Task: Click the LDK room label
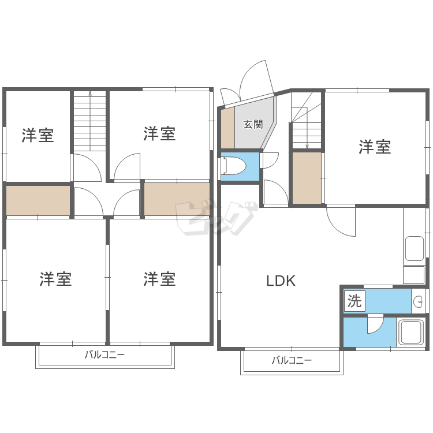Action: pos(281,281)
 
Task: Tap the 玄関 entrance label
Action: pos(253,124)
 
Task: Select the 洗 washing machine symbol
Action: pos(354,301)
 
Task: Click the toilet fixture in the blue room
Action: pos(233,166)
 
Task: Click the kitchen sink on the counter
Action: pos(414,248)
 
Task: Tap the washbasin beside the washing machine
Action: pos(419,301)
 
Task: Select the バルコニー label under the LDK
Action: pos(292,360)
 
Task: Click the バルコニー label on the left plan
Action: pos(104,354)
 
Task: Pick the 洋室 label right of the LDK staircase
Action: pos(375,147)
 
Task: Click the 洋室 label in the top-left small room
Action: pos(38,135)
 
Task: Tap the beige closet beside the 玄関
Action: pos(228,128)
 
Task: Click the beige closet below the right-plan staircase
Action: pos(307,178)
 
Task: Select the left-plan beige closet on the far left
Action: pos(38,200)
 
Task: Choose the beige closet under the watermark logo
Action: pos(177,199)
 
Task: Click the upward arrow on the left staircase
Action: pos(90,121)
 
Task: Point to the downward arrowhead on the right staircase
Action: pos(307,147)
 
